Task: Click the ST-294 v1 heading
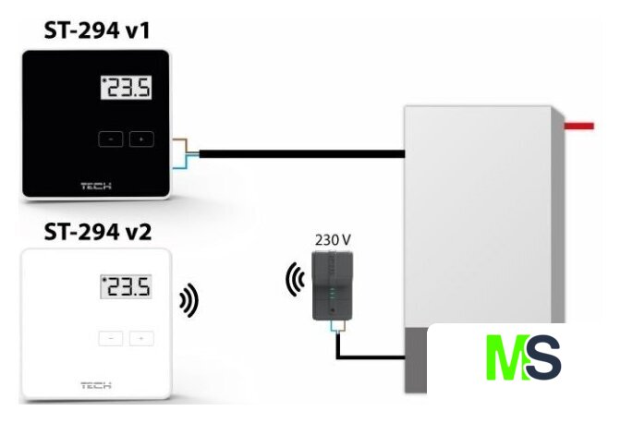[96, 31]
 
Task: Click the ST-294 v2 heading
[96, 230]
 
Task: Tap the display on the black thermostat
[126, 90]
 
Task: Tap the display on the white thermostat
[126, 287]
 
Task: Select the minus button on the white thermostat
[111, 337]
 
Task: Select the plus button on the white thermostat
[141, 337]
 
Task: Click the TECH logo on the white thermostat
[96, 384]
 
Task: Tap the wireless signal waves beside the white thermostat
[189, 299]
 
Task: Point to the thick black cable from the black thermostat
[296, 153]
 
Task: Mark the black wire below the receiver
[370, 356]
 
